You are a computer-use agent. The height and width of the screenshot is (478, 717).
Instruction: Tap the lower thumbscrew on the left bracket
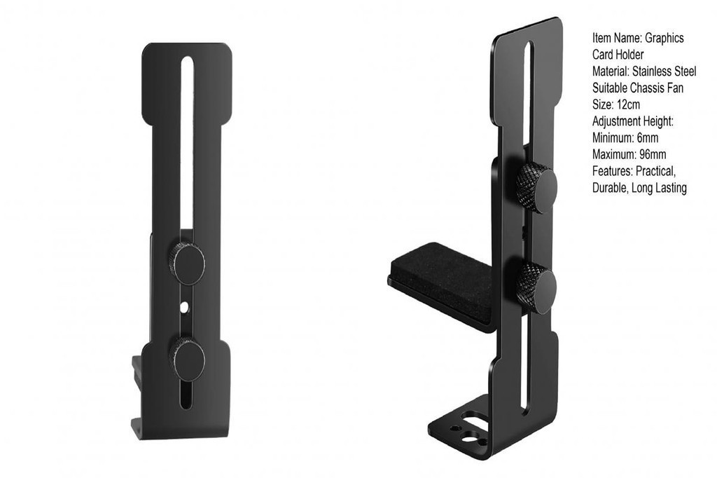(188, 359)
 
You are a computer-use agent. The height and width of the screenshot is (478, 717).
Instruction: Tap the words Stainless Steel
(664, 71)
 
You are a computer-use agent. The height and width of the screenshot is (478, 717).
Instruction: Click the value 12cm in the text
(628, 105)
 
